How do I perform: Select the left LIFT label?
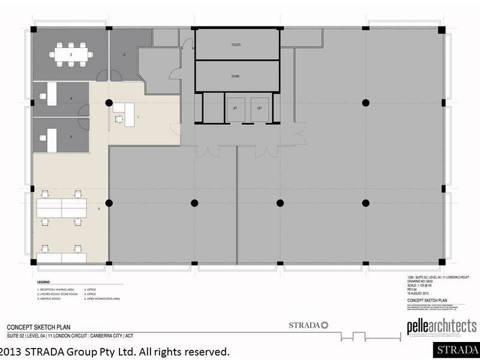pyautogui.click(x=235, y=108)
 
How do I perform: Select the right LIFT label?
pyautogui.click(x=259, y=108)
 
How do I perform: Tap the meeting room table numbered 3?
pyautogui.click(x=71, y=55)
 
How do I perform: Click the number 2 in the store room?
pyautogui.click(x=124, y=55)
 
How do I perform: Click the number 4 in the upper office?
pyautogui.click(x=71, y=97)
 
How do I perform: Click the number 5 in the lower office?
pyautogui.click(x=71, y=136)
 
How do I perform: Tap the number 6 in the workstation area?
pyautogui.click(x=98, y=208)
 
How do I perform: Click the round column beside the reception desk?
pyautogui.click(x=109, y=103)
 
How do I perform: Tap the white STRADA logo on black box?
pyautogui.click(x=457, y=349)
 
